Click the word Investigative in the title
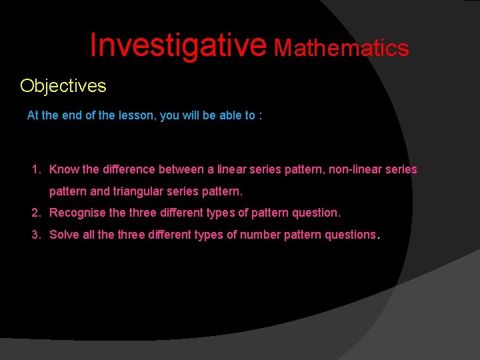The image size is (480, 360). pos(178,45)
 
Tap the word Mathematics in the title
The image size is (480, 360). pos(341,48)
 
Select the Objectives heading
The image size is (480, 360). pos(63,86)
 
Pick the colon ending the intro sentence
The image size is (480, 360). pos(260,116)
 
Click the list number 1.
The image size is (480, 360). pos(36,169)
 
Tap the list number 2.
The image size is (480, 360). pos(36,213)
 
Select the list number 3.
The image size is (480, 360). pos(36,234)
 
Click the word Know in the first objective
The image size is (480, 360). pos(64,169)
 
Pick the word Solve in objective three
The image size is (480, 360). pos(64,234)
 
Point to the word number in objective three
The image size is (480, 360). pos(260,234)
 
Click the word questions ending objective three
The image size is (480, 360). pos(350,235)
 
